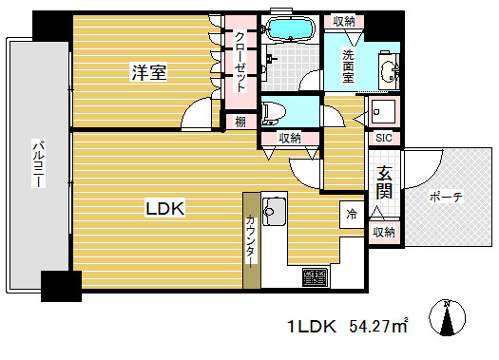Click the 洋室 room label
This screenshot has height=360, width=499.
[x=150, y=71]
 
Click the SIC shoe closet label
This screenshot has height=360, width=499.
[x=383, y=138]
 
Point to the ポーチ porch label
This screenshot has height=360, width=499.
[x=446, y=197]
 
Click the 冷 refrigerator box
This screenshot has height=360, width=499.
[x=351, y=214]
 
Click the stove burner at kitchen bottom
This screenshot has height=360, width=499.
[x=315, y=278]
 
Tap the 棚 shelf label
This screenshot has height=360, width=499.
[x=241, y=121]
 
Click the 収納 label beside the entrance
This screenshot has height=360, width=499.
[x=383, y=232]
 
